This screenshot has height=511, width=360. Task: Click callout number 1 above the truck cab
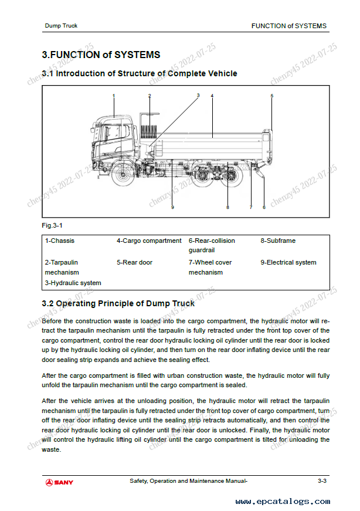coord(114,95)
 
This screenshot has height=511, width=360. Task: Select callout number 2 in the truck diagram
coord(150,95)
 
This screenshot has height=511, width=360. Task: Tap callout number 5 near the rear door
coord(272,95)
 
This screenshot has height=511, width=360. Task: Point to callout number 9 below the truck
coord(172,207)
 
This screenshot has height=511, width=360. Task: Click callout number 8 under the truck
coord(227,207)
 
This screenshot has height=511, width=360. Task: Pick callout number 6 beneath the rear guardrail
coord(264,207)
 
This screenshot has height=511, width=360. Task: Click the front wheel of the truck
coord(122,174)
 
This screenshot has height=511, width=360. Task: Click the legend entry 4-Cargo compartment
coord(149,241)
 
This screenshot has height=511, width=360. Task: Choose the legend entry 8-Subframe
coord(278,241)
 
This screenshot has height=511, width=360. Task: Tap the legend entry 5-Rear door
coord(134,262)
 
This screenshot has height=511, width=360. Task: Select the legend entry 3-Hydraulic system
coord(73,283)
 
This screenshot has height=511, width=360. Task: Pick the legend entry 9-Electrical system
coord(288,262)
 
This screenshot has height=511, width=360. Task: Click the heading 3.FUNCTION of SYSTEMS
coord(101,55)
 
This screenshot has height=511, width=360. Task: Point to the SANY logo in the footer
coord(59,482)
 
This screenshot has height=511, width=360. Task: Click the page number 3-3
coord(322,481)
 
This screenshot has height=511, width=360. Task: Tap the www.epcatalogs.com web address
coord(283,502)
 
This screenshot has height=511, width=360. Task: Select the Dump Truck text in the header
coord(61,26)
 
